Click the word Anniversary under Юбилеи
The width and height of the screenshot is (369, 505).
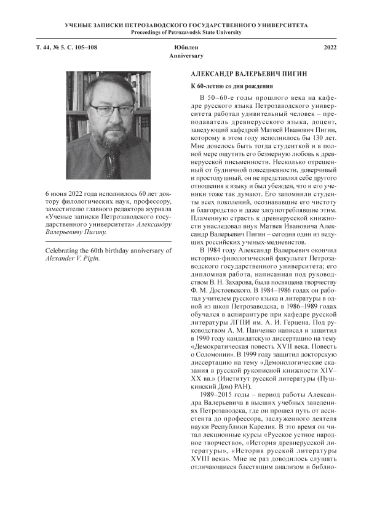click(186, 55)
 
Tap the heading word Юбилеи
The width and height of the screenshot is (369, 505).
click(186, 47)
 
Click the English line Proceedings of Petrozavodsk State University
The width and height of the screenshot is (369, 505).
click(186, 32)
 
